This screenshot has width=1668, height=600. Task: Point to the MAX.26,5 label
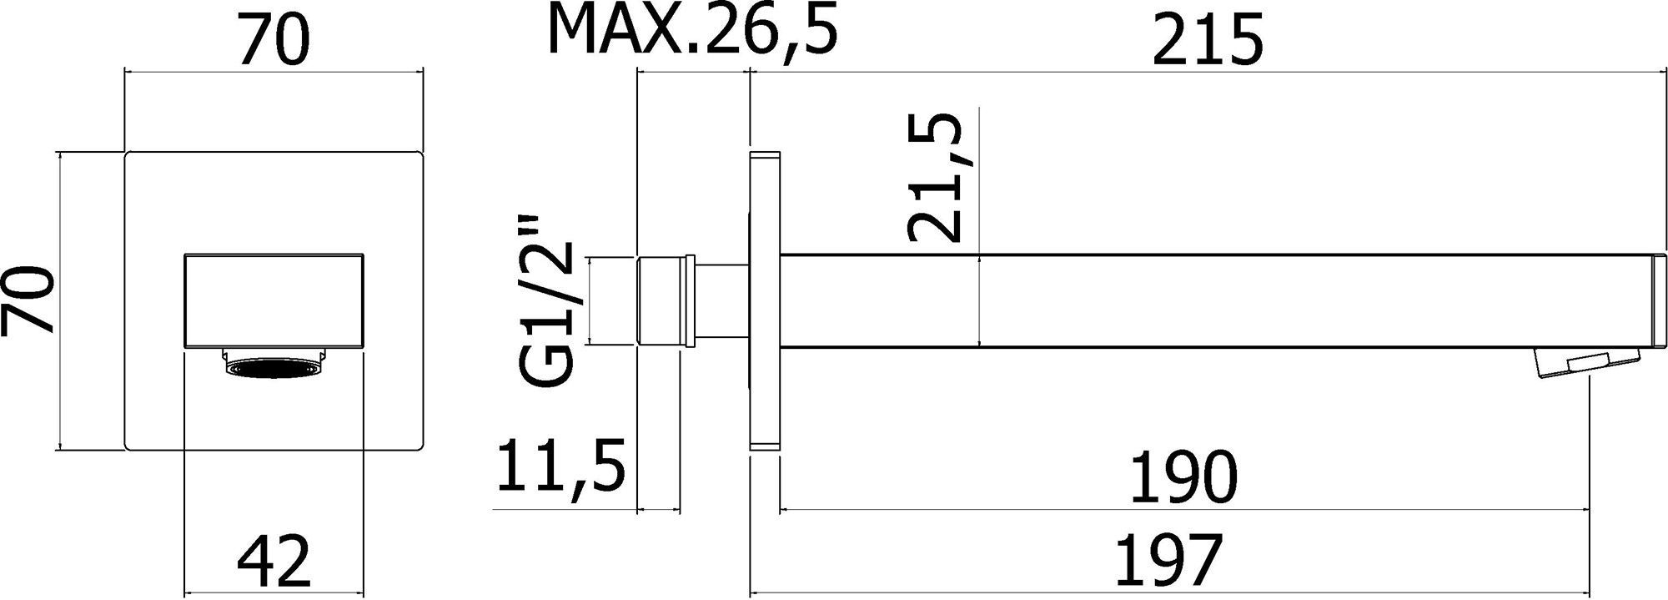691,30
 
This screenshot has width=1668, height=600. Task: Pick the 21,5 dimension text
935,179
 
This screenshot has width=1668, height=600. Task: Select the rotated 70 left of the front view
30,301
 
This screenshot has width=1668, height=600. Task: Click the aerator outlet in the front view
274,368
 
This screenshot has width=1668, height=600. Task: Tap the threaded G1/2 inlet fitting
665,300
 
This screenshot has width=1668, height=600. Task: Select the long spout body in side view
1168,300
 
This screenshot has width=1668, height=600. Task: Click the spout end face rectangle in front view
274,300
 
